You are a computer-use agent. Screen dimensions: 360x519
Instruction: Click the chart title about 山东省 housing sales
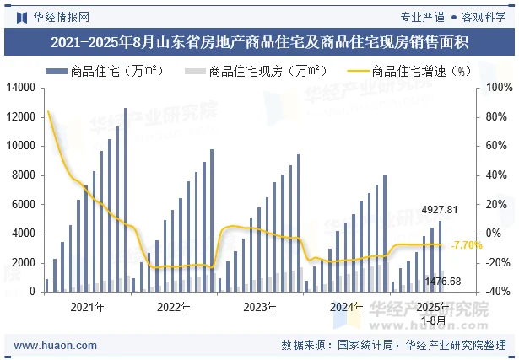coord(259,41)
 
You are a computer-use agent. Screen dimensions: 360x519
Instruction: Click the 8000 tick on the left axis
coord(22,175)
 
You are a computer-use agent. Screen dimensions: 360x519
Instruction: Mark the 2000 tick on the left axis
coord(22,263)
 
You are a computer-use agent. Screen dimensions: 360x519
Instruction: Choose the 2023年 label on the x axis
coord(261,307)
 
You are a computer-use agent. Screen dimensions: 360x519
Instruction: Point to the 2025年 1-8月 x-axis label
coord(434,313)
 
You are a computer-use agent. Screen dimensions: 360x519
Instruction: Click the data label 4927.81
coord(440,210)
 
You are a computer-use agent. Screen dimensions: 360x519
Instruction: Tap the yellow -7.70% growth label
coord(467,245)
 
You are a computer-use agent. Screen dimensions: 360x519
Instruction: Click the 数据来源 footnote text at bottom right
coord(392,345)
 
